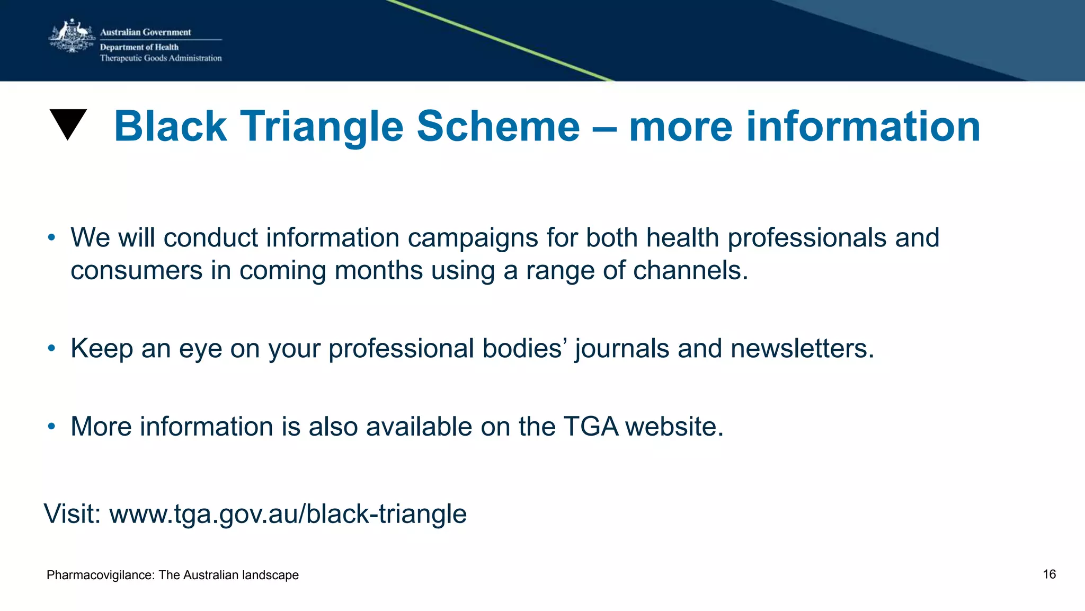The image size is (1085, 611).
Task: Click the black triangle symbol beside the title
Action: coord(68,123)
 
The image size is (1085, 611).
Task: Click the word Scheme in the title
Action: coord(498,127)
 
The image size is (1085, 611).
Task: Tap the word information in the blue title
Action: coord(863,127)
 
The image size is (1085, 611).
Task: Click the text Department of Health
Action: coord(139,47)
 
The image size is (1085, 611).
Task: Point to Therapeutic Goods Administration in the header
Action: coord(161,58)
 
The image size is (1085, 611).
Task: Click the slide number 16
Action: coord(1049,574)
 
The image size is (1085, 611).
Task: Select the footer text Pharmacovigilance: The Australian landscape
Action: coord(173,575)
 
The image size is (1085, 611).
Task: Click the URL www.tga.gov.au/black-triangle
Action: coord(288,514)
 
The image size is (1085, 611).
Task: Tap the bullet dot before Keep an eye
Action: coord(51,348)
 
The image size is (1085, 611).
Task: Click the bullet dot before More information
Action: coord(51,426)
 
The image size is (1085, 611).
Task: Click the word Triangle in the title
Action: coord(322,127)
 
